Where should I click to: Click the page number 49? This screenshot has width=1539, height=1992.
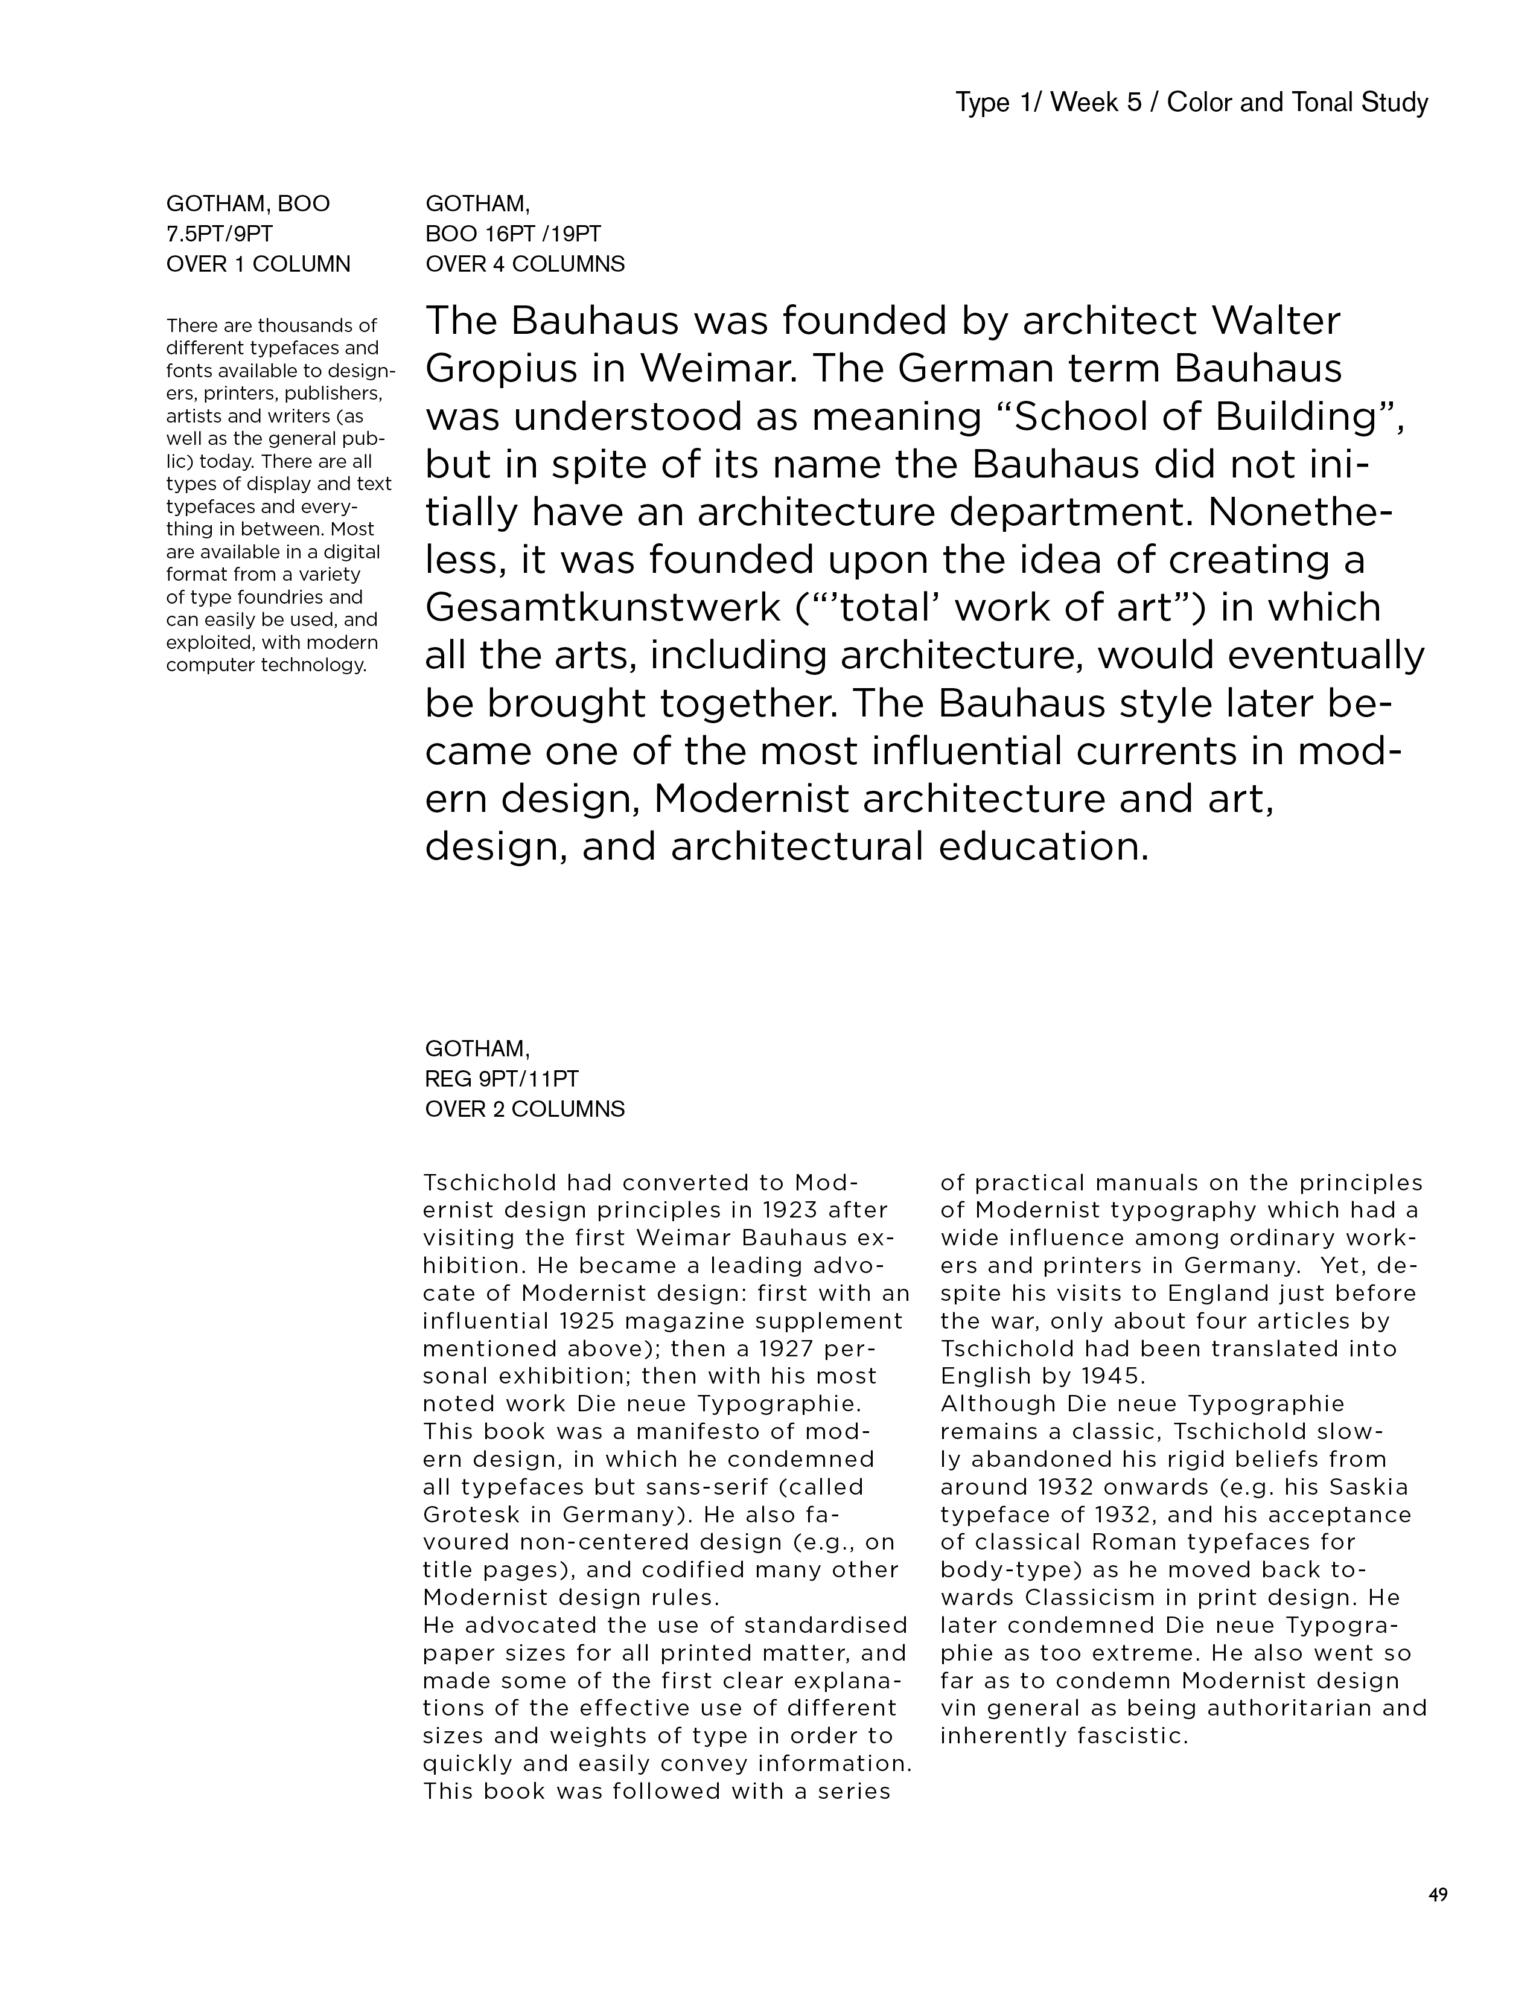pyautogui.click(x=1438, y=1894)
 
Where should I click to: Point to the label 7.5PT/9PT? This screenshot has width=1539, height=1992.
pyautogui.click(x=219, y=234)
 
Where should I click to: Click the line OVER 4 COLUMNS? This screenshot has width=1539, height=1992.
pyautogui.click(x=524, y=264)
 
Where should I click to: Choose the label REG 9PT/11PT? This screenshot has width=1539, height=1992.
pyautogui.click(x=502, y=1079)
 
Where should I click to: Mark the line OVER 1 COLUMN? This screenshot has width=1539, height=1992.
pyautogui.click(x=258, y=264)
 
